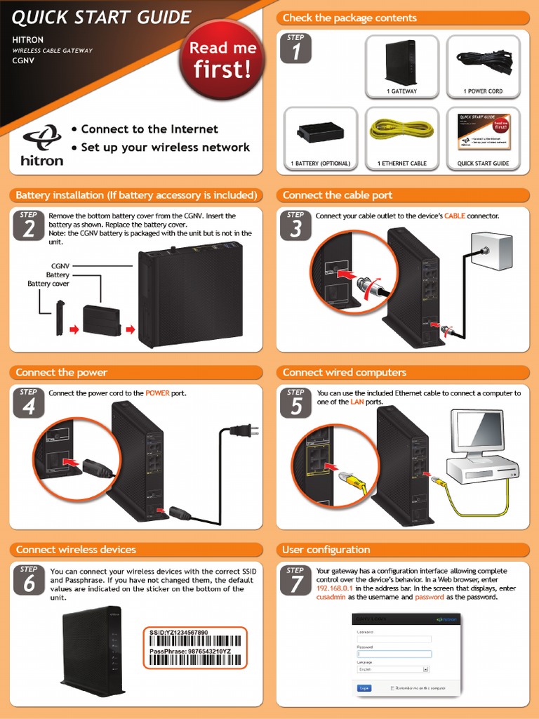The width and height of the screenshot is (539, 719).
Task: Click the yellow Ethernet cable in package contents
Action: click(x=401, y=129)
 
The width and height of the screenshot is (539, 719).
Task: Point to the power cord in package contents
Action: click(x=484, y=60)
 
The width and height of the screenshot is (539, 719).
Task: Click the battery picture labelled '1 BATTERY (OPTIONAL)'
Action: click(x=320, y=131)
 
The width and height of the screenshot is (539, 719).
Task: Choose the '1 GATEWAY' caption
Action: click(x=401, y=91)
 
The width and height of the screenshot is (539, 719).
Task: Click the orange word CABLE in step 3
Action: click(x=455, y=216)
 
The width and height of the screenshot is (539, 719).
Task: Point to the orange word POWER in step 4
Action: click(x=158, y=393)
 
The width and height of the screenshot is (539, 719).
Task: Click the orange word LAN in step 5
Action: click(x=357, y=402)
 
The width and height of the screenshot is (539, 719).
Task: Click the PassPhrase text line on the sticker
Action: click(x=190, y=651)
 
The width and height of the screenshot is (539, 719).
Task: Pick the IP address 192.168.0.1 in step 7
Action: click(x=334, y=588)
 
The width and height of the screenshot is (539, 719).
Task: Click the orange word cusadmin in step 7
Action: click(x=331, y=597)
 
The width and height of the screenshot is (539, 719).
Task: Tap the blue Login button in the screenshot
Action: click(x=364, y=688)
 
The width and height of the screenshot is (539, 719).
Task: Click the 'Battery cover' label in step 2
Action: click(x=48, y=284)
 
